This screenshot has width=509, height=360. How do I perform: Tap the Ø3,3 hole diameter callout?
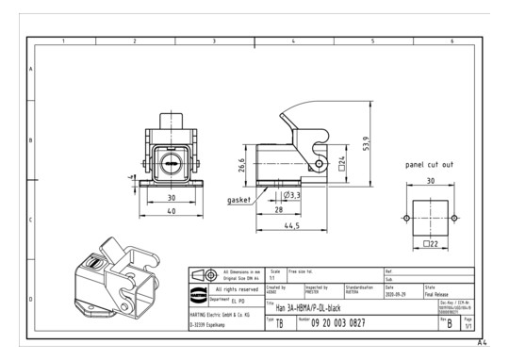pyautogui.click(x=292, y=194)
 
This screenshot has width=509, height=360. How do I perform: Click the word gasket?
pyautogui.click(x=239, y=201)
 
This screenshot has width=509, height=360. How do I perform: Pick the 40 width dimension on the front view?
pyautogui.click(x=172, y=211)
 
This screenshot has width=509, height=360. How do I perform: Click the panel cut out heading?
pyautogui.click(x=430, y=165)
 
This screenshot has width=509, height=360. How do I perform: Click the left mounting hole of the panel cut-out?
pyautogui.click(x=406, y=218)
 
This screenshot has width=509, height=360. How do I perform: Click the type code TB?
pyautogui.click(x=281, y=322)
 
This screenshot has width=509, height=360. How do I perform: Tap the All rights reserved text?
pyautogui.click(x=236, y=287)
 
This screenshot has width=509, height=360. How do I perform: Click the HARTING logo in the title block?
pyautogui.click(x=199, y=274)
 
